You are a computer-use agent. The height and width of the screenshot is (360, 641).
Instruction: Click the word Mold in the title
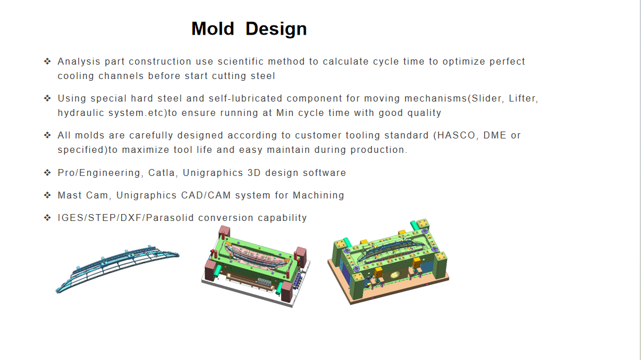(x=212, y=29)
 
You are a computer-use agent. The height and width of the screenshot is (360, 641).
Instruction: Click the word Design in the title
(x=276, y=29)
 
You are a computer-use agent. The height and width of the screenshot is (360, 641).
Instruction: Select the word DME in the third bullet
(x=494, y=135)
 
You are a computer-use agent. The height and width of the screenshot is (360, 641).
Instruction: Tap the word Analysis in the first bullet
(x=79, y=62)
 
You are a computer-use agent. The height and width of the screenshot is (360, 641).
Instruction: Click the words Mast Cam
(x=83, y=196)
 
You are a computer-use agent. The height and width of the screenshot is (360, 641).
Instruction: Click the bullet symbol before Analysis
(x=47, y=61)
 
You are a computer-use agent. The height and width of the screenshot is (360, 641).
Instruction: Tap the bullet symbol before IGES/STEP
(x=47, y=217)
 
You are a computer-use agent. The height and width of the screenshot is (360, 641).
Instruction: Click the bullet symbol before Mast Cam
(x=47, y=195)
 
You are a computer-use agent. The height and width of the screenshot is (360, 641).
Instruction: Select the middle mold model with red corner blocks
(x=256, y=265)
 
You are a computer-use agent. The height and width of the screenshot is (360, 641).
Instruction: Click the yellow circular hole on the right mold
(x=395, y=275)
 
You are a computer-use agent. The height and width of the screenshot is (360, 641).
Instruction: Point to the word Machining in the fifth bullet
(x=318, y=196)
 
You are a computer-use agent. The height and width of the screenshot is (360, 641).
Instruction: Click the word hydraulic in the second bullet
(x=81, y=113)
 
